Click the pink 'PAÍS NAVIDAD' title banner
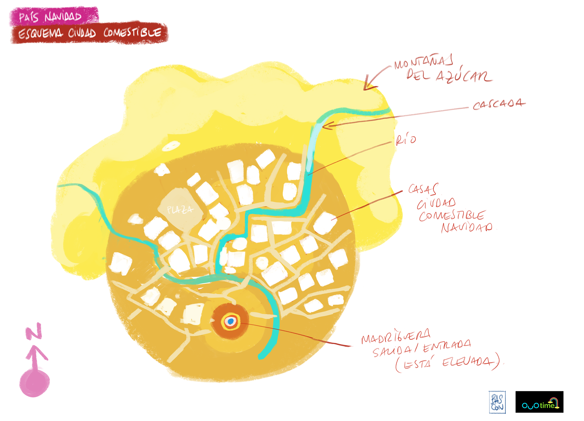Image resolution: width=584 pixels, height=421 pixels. pos(54,16)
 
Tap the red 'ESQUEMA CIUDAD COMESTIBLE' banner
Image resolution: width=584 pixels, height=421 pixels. pos(89,33)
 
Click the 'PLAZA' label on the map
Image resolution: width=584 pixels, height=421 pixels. pos(180,210)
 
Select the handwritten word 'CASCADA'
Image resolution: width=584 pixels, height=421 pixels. pos(499,104)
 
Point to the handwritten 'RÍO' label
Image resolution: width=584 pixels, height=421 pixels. pos(406,140)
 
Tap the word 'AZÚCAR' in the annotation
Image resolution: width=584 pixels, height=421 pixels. pos(464,76)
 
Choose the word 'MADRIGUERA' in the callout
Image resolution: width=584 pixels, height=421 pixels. pos(396,336)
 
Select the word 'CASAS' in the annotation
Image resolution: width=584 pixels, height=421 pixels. pos(423,189)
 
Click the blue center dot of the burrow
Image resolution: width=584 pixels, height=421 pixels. pos(231,321)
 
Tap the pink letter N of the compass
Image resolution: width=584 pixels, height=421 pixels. pos(34,331)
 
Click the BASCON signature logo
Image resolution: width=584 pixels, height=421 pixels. pos(497,402)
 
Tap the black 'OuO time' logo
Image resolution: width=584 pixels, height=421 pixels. pos(539,402)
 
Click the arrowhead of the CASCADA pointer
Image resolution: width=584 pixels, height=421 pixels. pos(325,126)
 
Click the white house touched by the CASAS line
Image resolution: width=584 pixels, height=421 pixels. pos(325,223)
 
